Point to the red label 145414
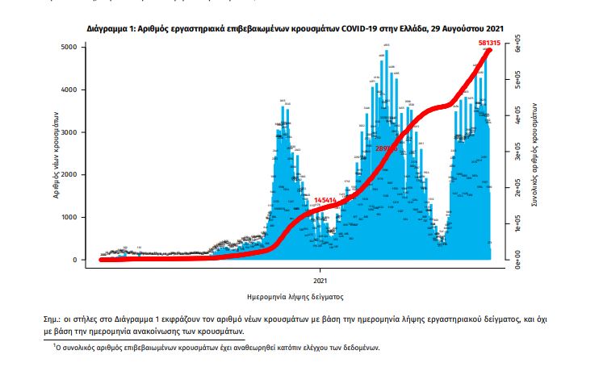(x=325, y=200)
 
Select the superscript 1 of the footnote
(x=54, y=345)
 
